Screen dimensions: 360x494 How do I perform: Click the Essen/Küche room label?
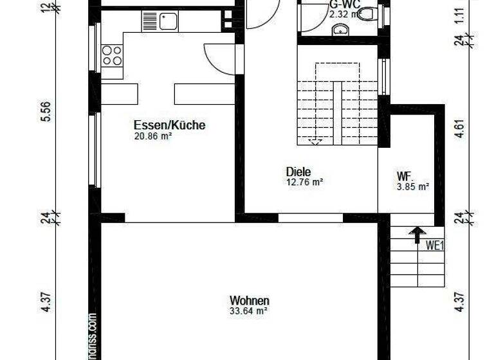point(169,125)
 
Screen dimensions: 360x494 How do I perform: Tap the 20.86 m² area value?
point(152,136)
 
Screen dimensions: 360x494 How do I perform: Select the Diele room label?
point(298,172)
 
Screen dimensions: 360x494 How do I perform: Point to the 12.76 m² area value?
point(304,182)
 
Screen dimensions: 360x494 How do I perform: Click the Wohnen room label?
point(250,300)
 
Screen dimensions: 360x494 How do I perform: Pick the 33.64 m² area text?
point(248,311)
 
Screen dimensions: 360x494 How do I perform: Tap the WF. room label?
point(405,176)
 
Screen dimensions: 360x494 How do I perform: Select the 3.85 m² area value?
point(413,187)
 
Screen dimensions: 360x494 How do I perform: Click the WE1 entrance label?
point(435,244)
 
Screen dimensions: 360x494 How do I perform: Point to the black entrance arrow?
point(417,234)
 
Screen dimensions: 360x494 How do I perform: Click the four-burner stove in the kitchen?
point(112,56)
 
